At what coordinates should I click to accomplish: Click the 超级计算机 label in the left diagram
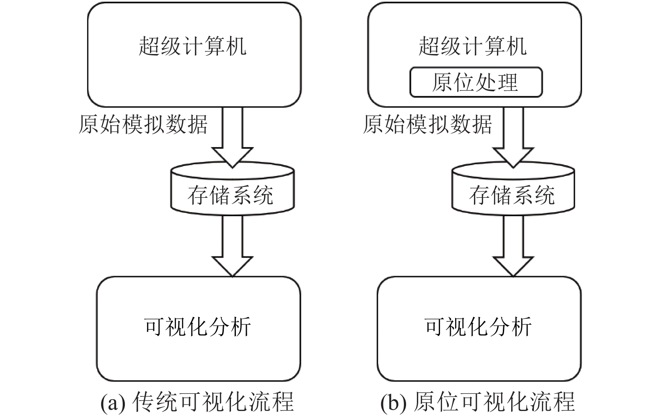click(x=192, y=46)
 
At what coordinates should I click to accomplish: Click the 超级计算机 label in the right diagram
click(x=473, y=46)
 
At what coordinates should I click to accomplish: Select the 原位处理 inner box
click(x=476, y=82)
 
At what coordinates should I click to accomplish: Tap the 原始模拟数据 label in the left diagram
click(x=143, y=124)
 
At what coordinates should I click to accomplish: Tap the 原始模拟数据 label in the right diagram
click(x=427, y=124)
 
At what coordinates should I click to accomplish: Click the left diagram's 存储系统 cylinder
click(x=233, y=189)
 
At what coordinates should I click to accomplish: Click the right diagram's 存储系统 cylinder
click(x=513, y=189)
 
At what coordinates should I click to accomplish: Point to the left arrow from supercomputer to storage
click(x=233, y=137)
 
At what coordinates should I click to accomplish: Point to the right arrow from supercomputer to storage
click(x=513, y=137)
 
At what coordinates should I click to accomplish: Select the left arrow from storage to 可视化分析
click(x=233, y=246)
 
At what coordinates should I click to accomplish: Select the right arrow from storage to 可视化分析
click(x=513, y=246)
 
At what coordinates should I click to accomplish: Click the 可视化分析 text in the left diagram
click(x=197, y=327)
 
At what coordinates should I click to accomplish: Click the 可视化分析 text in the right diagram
click(x=478, y=327)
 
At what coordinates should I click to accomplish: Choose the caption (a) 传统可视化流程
click(x=197, y=402)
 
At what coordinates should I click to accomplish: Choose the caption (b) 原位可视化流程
click(x=478, y=402)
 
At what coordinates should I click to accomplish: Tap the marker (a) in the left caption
click(x=113, y=403)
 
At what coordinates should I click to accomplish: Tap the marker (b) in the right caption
click(x=393, y=403)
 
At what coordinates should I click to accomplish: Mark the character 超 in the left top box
click(x=149, y=46)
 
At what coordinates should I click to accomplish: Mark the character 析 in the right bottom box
click(x=521, y=327)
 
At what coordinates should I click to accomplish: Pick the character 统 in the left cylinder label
click(x=262, y=195)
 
